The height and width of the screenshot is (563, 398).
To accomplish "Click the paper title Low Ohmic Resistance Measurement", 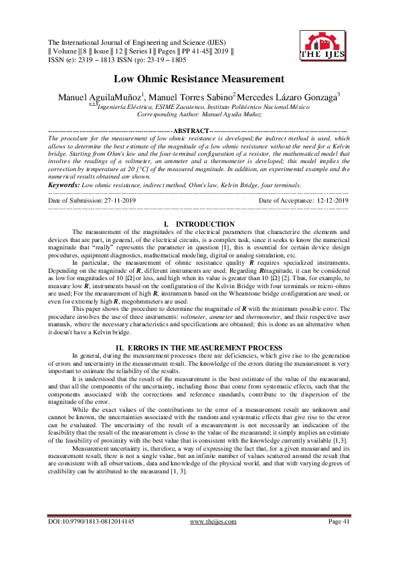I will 199,79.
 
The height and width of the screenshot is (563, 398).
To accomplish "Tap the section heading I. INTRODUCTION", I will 199,223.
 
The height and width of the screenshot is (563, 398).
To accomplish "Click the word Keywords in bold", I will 64,185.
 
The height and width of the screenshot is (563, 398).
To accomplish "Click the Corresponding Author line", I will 199,115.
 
